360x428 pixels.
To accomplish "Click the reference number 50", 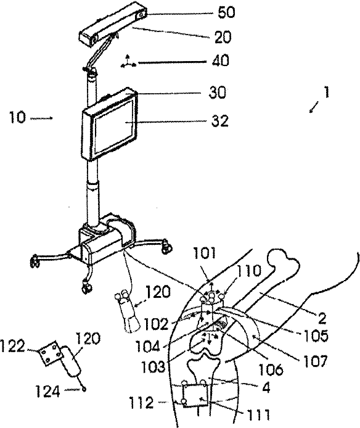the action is tap(226, 12).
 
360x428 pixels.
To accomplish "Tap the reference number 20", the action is tap(223, 37).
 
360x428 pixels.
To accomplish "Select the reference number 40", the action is tap(221, 60).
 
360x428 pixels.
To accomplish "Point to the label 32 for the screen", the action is tap(220, 120).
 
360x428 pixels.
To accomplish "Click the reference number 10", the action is tap(17, 117).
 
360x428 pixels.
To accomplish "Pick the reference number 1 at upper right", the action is tap(326, 93).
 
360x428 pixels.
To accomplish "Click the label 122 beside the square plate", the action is tap(12, 347).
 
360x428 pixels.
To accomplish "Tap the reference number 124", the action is tap(48, 392).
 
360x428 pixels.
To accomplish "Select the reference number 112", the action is tap(141, 402).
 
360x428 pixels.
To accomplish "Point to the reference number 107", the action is tap(314, 361).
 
